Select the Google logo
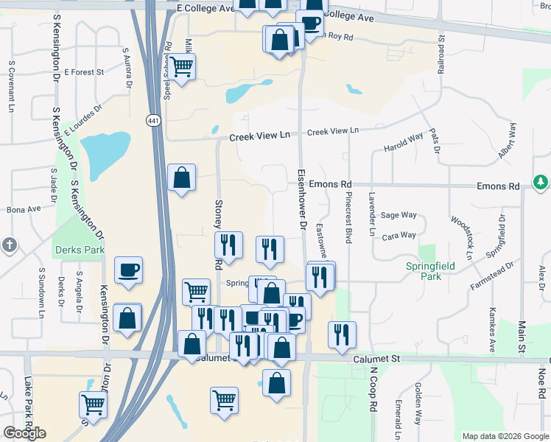pos(24,433)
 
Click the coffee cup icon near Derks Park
pos(128,270)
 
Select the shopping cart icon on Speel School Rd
pos(181,67)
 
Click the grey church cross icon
pos(9,245)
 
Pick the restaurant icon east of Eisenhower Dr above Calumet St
pos(342,334)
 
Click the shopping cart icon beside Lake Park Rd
pos(93,404)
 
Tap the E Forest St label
pos(85,72)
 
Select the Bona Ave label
pos(24,209)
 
